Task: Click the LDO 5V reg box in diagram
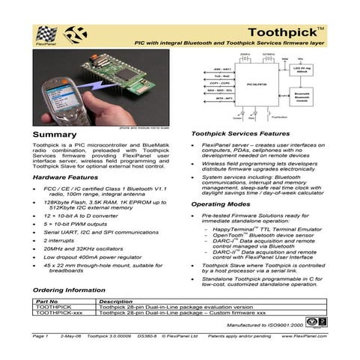pyautogui.click(x=302, y=71)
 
